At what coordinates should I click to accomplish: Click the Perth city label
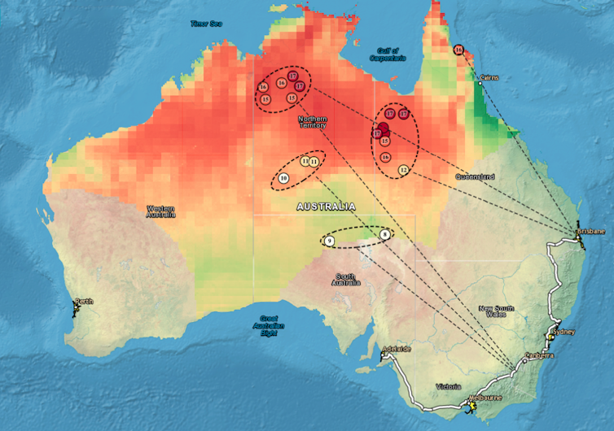(84, 302)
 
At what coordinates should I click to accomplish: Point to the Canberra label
(540, 355)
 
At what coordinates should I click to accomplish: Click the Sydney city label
(564, 332)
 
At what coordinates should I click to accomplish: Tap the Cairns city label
(489, 78)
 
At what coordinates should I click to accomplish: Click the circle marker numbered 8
(385, 234)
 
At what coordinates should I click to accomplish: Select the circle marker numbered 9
(329, 241)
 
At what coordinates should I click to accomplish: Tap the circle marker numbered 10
(283, 177)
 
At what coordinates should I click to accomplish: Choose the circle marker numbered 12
(403, 169)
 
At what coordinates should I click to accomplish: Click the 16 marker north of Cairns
(458, 50)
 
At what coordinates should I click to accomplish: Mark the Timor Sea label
(206, 24)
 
